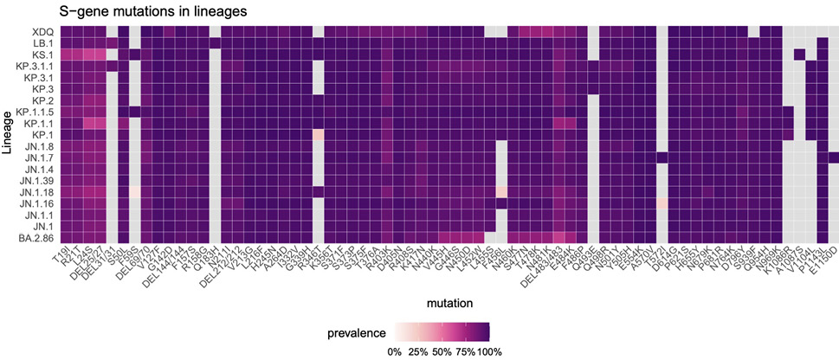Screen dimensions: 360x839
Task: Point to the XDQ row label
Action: pyautogui.click(x=24, y=31)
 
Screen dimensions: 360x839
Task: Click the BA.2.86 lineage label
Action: pyautogui.click(x=21, y=237)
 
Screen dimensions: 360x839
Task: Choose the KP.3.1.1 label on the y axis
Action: pyautogui.click(x=18, y=66)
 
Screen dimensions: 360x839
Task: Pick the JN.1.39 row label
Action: pyautogui.click(x=21, y=180)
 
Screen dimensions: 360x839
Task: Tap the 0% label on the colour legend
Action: pyautogui.click(x=394, y=351)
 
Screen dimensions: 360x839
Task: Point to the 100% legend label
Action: pyautogui.click(x=488, y=351)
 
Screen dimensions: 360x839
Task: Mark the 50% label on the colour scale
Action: pyautogui.click(x=442, y=351)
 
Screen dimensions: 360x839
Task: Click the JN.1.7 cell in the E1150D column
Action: pyautogui.click(x=834, y=157)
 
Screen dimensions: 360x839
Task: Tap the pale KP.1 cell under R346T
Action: pyautogui.click(x=319, y=134)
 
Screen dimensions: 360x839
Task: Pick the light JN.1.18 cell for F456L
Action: pyautogui.click(x=501, y=191)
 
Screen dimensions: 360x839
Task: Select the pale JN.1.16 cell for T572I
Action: pyautogui.click(x=662, y=202)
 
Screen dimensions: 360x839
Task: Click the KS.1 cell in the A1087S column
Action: pyautogui.click(x=799, y=55)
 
